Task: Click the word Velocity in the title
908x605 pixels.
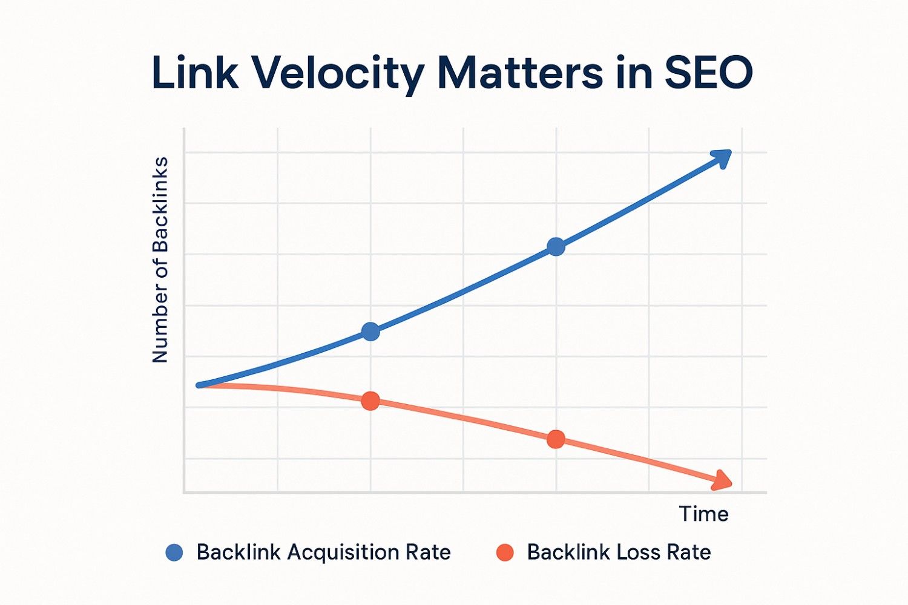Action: click(x=337, y=73)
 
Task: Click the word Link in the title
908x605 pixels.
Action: click(x=194, y=73)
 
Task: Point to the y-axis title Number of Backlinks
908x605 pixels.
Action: click(x=160, y=260)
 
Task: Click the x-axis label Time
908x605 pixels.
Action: click(x=703, y=514)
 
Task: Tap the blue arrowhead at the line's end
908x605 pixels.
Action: click(x=722, y=158)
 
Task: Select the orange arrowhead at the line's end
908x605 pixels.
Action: click(x=722, y=480)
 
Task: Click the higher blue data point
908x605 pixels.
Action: click(x=556, y=246)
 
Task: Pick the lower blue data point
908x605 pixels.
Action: click(x=370, y=331)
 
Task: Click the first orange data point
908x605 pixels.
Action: click(x=370, y=401)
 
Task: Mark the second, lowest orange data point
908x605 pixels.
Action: click(x=556, y=439)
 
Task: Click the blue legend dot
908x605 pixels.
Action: click(x=174, y=552)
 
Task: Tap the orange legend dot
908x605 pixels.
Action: click(x=505, y=552)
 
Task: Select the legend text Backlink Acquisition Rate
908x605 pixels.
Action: click(x=323, y=552)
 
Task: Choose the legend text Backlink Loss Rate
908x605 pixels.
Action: click(x=619, y=552)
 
